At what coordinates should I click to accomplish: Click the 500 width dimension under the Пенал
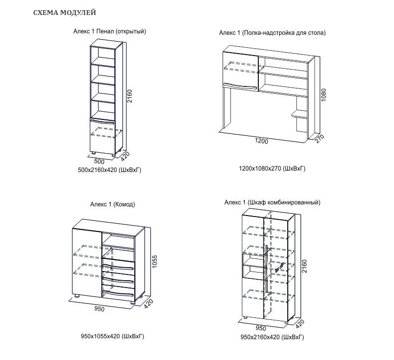[99, 161]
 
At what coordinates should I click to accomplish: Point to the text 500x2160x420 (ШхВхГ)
[109, 170]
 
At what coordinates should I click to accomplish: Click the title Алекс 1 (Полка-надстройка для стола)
[272, 33]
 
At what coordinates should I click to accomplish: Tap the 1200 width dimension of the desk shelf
[261, 142]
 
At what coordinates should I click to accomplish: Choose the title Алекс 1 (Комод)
[113, 204]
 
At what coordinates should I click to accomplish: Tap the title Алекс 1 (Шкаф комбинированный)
[272, 202]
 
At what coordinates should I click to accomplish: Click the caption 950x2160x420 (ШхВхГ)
[272, 337]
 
